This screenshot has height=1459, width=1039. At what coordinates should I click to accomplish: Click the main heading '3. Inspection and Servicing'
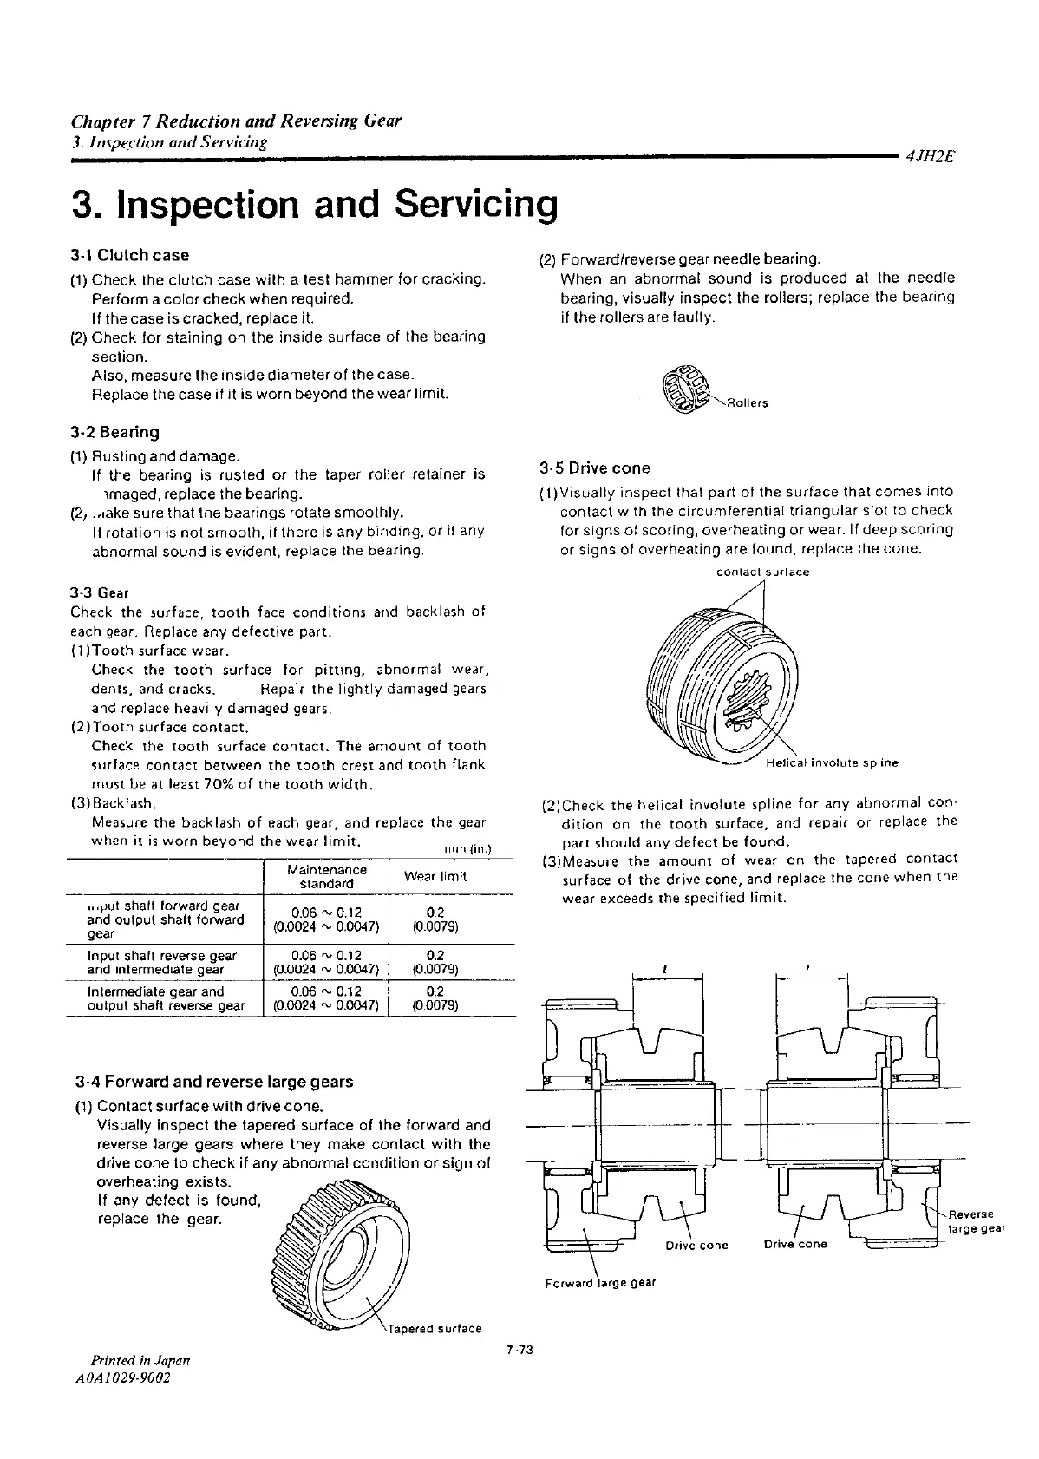[x=314, y=204]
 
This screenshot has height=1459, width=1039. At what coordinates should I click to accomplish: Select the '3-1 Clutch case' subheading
[x=130, y=255]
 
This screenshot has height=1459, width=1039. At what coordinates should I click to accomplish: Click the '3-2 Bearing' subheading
[x=115, y=432]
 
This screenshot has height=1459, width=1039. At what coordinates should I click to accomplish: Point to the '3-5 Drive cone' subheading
[x=594, y=468]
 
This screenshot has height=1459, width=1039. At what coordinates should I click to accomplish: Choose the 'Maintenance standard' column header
[x=326, y=876]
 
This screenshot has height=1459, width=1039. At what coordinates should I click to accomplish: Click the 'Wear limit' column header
[x=435, y=876]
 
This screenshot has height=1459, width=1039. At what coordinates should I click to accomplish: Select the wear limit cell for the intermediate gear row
[x=435, y=998]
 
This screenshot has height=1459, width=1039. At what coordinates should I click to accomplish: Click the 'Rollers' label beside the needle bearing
[x=748, y=403]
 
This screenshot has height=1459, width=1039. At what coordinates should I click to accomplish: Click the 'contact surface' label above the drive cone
[x=762, y=572]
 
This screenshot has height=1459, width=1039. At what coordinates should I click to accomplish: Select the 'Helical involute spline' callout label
[x=833, y=763]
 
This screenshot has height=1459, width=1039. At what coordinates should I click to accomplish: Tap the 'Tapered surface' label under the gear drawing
[x=435, y=1328]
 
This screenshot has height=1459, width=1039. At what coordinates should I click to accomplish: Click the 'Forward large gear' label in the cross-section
[x=600, y=1282]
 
